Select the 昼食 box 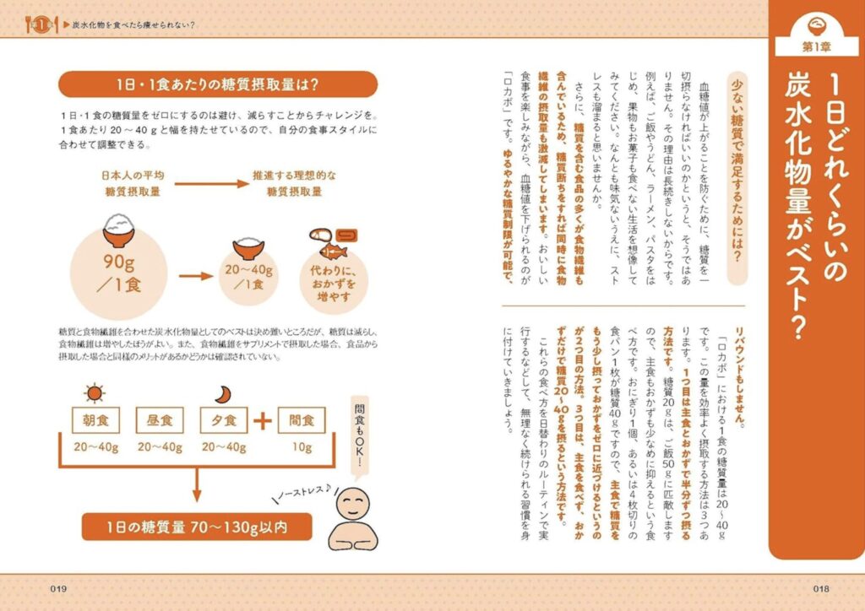click(160, 419)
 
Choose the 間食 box click(303, 419)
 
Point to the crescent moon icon click(220, 393)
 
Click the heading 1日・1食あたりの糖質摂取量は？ click(218, 84)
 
